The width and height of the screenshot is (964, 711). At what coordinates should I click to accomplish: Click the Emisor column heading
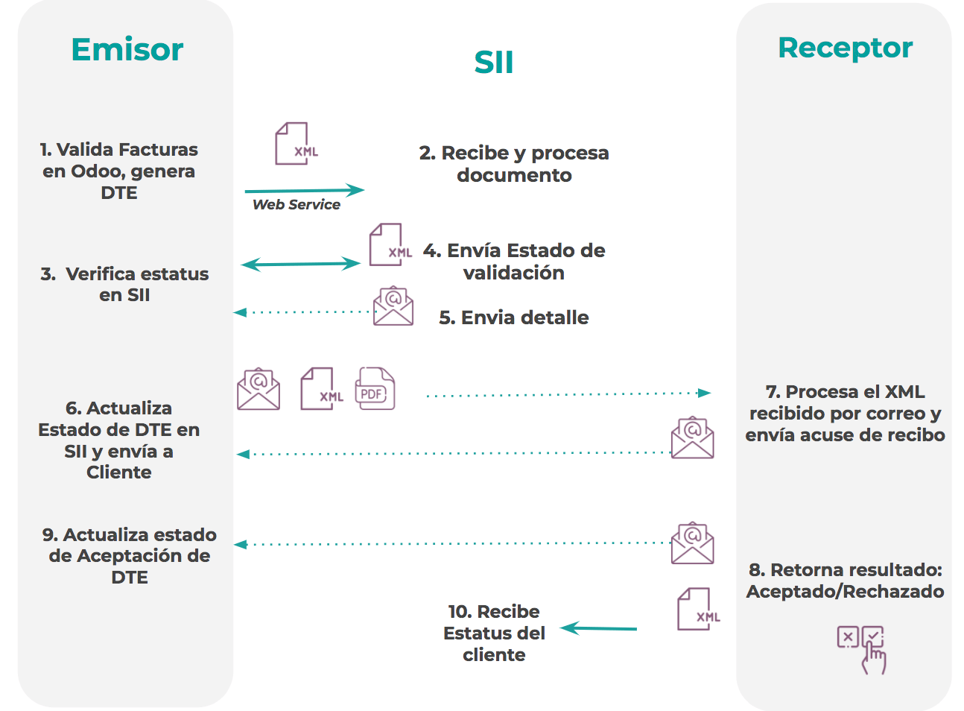tap(127, 50)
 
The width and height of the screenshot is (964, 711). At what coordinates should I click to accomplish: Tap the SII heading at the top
tap(494, 63)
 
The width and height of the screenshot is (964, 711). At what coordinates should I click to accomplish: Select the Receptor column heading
tap(845, 48)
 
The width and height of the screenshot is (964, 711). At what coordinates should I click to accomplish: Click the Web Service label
tap(297, 205)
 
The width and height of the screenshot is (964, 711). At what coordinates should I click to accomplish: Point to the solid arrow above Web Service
tap(304, 191)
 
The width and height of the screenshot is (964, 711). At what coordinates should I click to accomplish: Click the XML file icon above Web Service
tap(295, 144)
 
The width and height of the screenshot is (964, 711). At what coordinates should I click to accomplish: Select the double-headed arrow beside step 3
tap(301, 264)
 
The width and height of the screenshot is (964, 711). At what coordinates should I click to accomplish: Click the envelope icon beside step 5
tap(393, 306)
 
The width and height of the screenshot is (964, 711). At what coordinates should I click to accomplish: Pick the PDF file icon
tap(375, 388)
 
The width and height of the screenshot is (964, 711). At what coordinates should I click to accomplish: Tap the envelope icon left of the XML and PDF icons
tap(259, 389)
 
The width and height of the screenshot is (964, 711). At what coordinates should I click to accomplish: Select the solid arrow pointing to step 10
tap(599, 628)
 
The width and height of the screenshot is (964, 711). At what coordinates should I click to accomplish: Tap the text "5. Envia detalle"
tap(513, 317)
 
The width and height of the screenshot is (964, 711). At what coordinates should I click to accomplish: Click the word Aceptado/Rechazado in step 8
tap(845, 592)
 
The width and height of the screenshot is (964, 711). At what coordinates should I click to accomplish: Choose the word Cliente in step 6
tap(119, 473)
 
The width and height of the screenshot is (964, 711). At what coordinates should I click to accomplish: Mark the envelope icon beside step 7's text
tap(692, 437)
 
